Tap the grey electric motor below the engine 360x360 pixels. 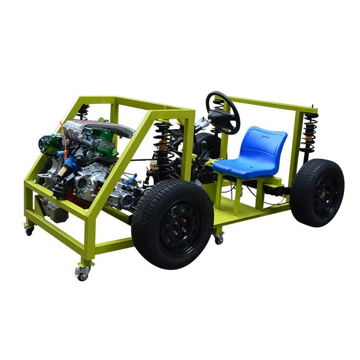pos(52,211)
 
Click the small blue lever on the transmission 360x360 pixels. pos(131,180)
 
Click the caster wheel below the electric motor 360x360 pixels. pos(30,230)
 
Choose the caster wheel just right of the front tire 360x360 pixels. pos(219,239)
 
